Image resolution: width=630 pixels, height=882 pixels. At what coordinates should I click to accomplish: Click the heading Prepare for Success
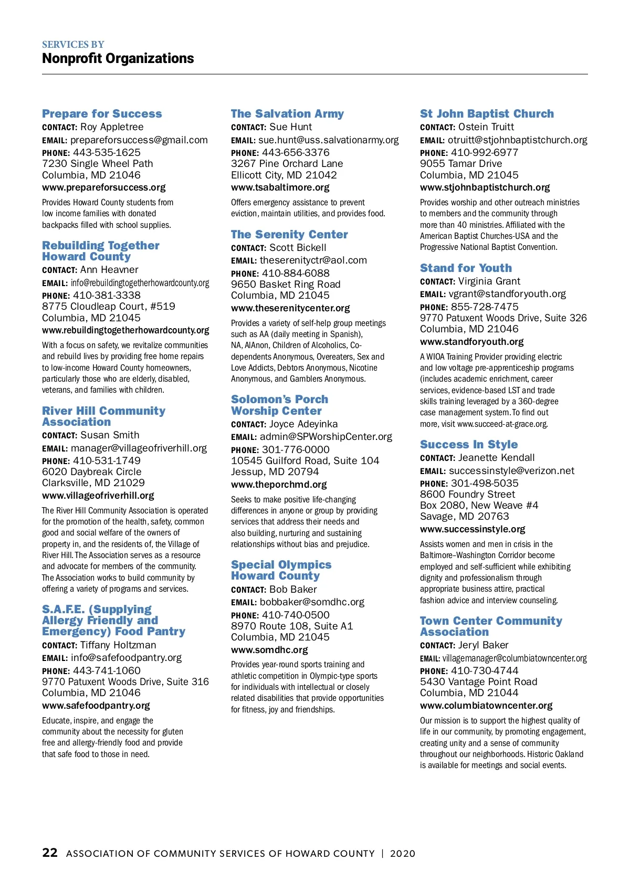[102, 114]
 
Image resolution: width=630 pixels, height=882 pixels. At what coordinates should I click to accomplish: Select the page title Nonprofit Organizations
[118, 58]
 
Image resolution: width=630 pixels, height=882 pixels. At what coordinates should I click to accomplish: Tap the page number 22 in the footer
[50, 853]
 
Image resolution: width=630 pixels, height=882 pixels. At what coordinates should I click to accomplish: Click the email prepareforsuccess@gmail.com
[139, 140]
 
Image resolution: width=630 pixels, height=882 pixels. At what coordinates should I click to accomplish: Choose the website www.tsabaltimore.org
[280, 187]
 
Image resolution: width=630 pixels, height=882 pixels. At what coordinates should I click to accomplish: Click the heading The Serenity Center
[289, 235]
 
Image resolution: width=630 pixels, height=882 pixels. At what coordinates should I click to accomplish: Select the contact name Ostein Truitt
[486, 127]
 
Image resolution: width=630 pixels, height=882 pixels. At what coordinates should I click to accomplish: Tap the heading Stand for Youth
[466, 268]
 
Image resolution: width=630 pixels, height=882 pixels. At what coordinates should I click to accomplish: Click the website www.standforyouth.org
[471, 342]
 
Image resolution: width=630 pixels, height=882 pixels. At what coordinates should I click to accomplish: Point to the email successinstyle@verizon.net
[511, 471]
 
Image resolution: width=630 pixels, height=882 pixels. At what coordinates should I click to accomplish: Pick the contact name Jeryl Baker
[483, 645]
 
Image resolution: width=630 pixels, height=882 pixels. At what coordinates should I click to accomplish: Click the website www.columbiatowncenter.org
[486, 706]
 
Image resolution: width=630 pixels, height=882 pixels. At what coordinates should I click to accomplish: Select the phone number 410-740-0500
[296, 615]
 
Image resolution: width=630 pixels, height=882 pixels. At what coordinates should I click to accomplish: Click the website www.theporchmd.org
[279, 485]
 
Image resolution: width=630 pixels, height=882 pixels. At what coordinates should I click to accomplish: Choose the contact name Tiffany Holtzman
[118, 645]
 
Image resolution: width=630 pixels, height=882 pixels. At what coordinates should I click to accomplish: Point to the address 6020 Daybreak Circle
[92, 472]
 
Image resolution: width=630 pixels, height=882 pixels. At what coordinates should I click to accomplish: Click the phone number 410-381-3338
[107, 296]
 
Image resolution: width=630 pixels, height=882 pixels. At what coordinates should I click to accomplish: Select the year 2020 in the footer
[403, 854]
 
